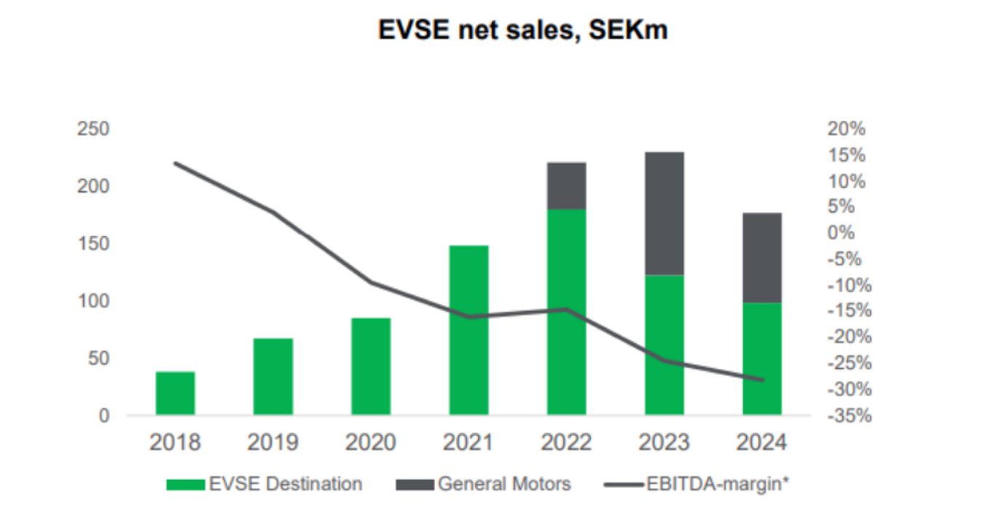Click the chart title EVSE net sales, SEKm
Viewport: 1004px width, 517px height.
point(522,30)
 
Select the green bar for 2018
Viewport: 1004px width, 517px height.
point(175,393)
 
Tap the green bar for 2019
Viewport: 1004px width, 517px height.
point(273,376)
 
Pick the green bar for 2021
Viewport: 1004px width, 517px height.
point(469,330)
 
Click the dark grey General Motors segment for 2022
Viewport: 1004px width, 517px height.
point(566,186)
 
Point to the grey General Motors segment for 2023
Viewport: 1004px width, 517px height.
point(664,213)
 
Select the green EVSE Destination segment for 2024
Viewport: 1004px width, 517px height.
point(762,358)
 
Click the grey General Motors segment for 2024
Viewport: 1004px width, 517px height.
point(762,258)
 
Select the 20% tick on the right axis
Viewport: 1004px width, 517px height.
point(846,130)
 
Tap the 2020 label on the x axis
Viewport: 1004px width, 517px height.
point(370,443)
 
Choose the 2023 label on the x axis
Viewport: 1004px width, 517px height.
point(664,443)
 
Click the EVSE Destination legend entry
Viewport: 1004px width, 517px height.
point(263,484)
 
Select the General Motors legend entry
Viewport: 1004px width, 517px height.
point(483,484)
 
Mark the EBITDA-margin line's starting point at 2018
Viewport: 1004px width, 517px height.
point(175,163)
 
